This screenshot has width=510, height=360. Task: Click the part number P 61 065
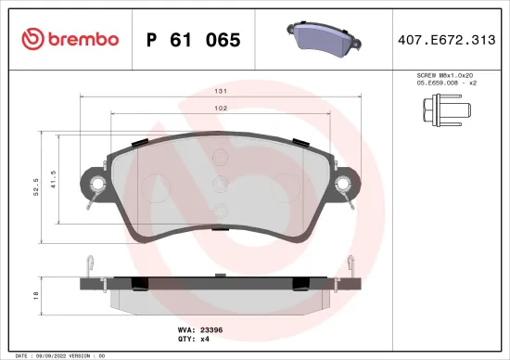(x=194, y=40)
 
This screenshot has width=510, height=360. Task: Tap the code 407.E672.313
(x=447, y=40)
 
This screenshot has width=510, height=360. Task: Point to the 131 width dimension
(x=222, y=92)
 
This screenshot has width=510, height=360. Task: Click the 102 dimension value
(x=222, y=109)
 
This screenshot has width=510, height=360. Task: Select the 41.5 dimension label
(x=55, y=178)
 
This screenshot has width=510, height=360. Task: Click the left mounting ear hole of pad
(x=96, y=182)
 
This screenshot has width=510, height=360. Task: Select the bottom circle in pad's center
(x=221, y=209)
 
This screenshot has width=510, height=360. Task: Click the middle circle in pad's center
(x=221, y=184)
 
